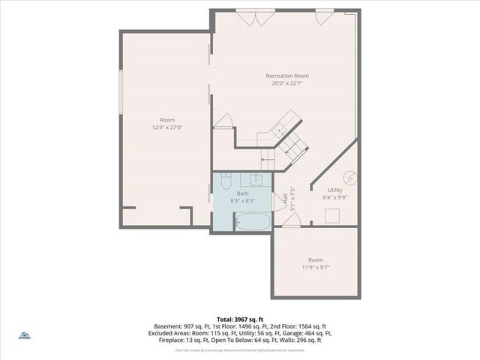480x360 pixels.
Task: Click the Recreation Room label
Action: [286, 76]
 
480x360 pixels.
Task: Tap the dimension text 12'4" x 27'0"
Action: [166, 127]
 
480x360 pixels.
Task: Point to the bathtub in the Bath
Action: [252, 222]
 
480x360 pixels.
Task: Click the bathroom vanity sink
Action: [256, 179]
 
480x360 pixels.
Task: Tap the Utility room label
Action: [335, 190]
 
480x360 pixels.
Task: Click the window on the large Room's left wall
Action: [121, 93]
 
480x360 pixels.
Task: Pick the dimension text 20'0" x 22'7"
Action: [286, 83]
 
